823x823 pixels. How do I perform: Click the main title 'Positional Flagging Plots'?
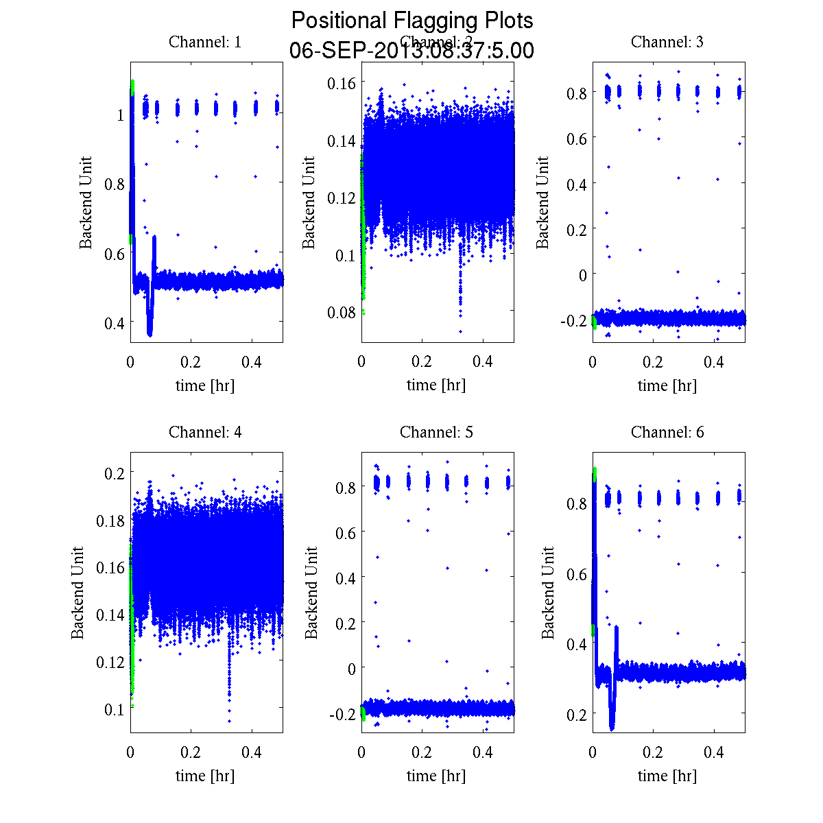(412, 21)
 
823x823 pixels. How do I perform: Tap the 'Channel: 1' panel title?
(205, 42)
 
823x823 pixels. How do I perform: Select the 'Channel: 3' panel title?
(667, 42)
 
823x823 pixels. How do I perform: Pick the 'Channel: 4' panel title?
(205, 432)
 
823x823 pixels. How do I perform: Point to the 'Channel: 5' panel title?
(436, 432)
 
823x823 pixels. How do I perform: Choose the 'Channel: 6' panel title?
(667, 432)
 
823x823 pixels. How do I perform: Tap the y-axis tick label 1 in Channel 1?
(121, 115)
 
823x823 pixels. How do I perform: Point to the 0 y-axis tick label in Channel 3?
(582, 275)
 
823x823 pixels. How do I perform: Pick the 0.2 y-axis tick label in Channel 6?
(576, 714)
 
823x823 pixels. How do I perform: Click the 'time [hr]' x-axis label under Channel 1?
(205, 385)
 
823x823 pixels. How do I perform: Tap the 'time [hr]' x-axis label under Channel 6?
(667, 776)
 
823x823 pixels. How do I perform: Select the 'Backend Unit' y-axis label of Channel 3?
(542, 202)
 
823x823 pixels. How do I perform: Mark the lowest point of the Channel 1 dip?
(150, 334)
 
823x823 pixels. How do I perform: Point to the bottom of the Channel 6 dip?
(612, 728)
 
